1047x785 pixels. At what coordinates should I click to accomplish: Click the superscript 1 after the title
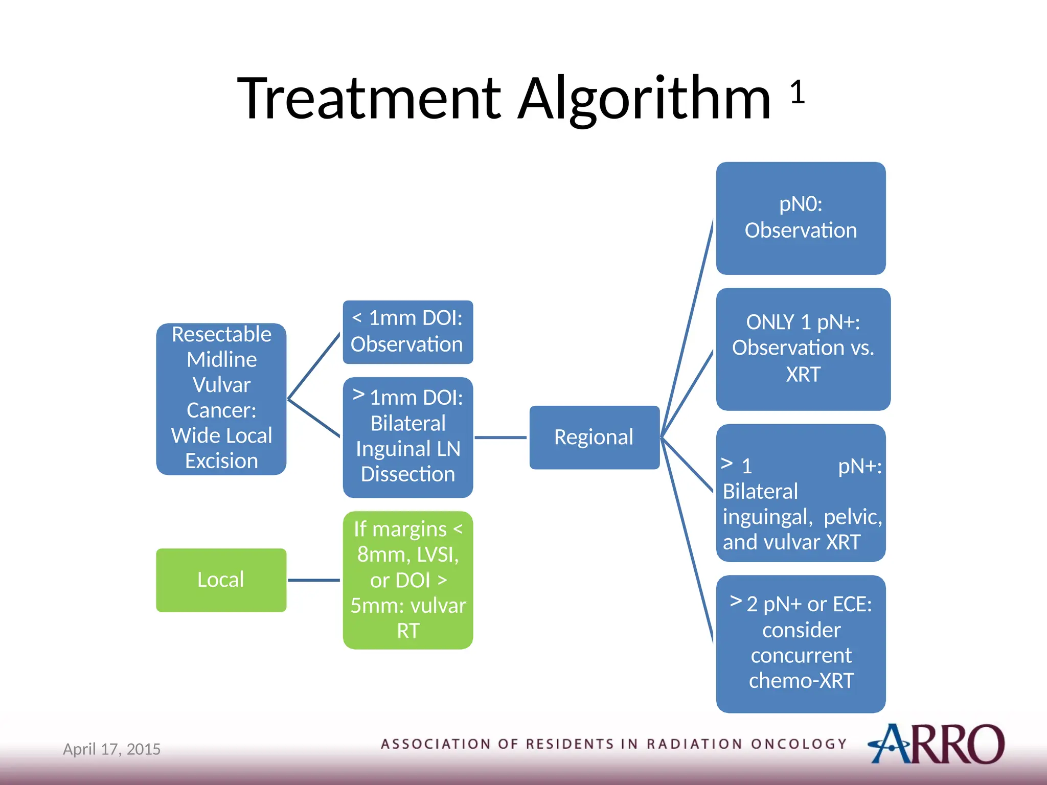[797, 93]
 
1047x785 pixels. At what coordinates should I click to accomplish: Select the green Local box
[221, 580]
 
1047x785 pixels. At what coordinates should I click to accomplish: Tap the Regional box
[594, 437]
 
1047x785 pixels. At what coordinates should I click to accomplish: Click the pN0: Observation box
[801, 218]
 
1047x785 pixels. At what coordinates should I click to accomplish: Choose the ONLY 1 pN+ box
[803, 349]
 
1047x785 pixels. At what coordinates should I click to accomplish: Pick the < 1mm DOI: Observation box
[407, 332]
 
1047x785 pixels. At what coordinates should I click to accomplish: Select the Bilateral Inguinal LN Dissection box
[407, 437]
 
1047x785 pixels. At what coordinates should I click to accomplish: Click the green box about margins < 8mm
[407, 580]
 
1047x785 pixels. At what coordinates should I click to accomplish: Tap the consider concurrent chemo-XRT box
[801, 644]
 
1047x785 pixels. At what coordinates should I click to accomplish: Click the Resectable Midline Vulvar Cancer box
[221, 399]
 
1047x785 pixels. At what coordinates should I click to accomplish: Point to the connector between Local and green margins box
[314, 580]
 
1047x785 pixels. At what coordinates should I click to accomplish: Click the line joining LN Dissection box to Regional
[500, 437]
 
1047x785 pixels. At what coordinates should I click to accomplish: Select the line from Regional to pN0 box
[688, 327]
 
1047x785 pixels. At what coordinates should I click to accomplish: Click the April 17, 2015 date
[111, 749]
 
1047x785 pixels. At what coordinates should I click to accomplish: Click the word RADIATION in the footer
[694, 744]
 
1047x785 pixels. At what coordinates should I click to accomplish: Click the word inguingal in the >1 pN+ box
[766, 517]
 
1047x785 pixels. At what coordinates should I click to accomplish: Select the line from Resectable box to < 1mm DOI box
[314, 366]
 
